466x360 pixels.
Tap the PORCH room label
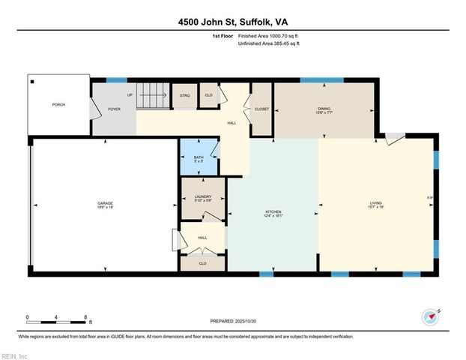point(58,105)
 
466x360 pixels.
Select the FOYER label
point(114,109)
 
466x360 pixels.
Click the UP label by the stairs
point(130,95)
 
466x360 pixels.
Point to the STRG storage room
point(184,95)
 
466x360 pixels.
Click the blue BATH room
point(198,158)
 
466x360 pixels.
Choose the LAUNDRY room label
point(202,199)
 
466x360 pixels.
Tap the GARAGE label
point(105,204)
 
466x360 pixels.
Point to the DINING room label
point(324,109)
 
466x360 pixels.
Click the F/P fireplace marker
point(430,198)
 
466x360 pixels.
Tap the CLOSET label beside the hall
point(261,109)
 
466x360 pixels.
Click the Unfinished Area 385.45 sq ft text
point(268,44)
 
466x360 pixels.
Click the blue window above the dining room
point(321,80)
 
